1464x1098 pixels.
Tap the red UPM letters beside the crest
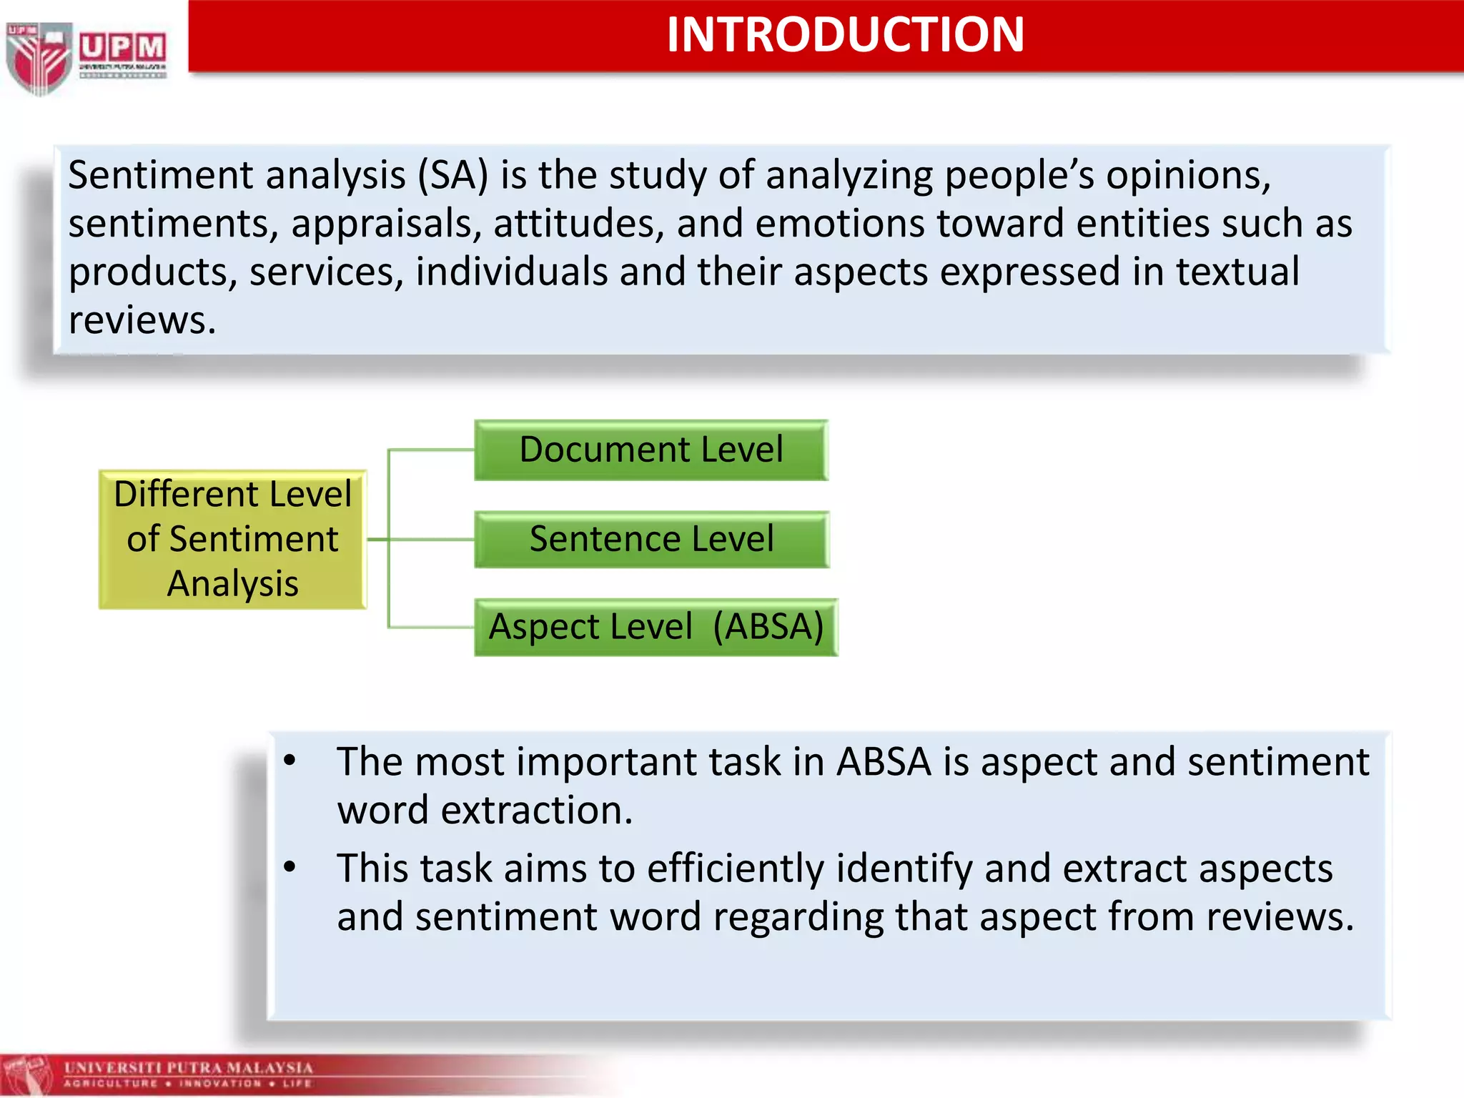pyautogui.click(x=122, y=47)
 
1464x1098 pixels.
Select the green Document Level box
pyautogui.click(x=651, y=450)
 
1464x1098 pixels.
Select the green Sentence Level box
pyautogui.click(x=651, y=539)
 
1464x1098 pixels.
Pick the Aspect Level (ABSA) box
pyautogui.click(x=656, y=627)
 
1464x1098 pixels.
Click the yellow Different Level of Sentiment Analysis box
pyautogui.click(x=232, y=539)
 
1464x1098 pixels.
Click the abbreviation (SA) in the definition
pyautogui.click(x=453, y=175)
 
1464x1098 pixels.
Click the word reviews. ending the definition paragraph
pyautogui.click(x=142, y=320)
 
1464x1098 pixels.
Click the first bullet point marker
pyautogui.click(x=290, y=761)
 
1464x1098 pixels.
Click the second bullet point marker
pyautogui.click(x=290, y=867)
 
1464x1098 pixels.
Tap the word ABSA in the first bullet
pyautogui.click(x=884, y=762)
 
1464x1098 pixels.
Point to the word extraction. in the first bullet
pyautogui.click(x=536, y=811)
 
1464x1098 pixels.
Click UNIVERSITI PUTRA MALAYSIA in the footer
pyautogui.click(x=189, y=1068)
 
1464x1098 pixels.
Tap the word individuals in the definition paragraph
pyautogui.click(x=511, y=272)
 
